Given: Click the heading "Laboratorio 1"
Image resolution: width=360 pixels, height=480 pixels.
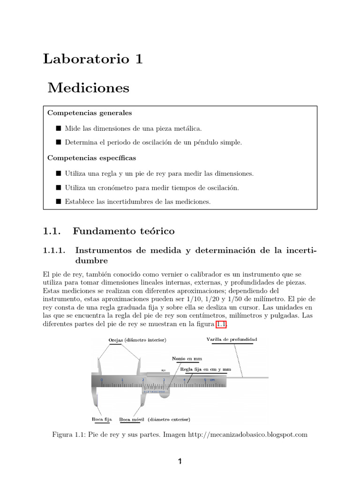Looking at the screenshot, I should click(92, 60).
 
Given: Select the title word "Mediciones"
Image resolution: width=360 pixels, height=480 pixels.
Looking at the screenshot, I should click(88, 88).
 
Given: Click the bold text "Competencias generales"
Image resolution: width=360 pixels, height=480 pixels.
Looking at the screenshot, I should click(90, 113).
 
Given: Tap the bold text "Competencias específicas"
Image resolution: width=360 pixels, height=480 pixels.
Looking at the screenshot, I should click(91, 158).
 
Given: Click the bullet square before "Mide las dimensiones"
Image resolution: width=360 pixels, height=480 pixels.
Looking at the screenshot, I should click(58, 128).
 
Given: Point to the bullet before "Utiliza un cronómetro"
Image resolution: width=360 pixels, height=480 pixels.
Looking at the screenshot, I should click(58, 188).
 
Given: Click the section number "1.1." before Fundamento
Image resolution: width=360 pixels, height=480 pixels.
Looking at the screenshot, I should click(52, 231).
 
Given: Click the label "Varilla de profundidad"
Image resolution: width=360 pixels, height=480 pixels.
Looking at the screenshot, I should click(232, 339).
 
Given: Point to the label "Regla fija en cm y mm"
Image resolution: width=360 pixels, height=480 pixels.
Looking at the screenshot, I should click(206, 369).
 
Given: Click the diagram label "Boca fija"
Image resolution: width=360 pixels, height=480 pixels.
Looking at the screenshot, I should click(101, 419).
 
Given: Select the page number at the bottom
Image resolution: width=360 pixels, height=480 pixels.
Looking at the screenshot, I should click(180, 461).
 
